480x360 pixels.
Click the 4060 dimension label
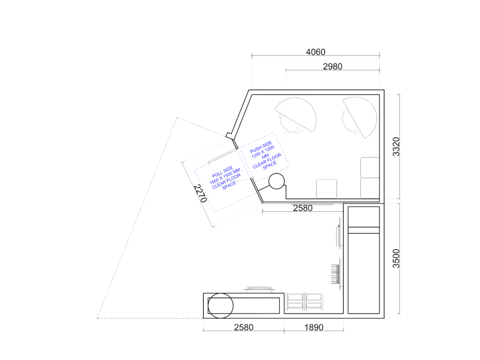tap(315, 52)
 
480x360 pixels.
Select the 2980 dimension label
tap(332, 67)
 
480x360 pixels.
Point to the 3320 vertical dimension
tap(396, 147)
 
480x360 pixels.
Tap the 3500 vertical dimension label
tap(396, 259)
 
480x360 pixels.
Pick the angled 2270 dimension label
tap(200, 194)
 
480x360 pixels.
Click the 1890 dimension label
tap(314, 327)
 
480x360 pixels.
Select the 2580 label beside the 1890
tap(244, 327)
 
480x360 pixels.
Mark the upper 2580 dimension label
tap(303, 208)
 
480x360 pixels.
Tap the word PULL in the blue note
tap(217, 174)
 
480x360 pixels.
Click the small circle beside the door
tap(277, 181)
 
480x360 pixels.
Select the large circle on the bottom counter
tap(220, 306)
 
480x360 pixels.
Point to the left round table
tap(295, 115)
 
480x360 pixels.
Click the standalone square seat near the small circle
tap(326, 189)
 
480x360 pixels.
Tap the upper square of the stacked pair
tap(370, 167)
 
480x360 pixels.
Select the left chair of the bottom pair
tap(295, 301)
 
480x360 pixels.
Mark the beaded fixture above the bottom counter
tap(259, 289)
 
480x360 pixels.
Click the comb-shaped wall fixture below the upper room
tap(337, 274)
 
